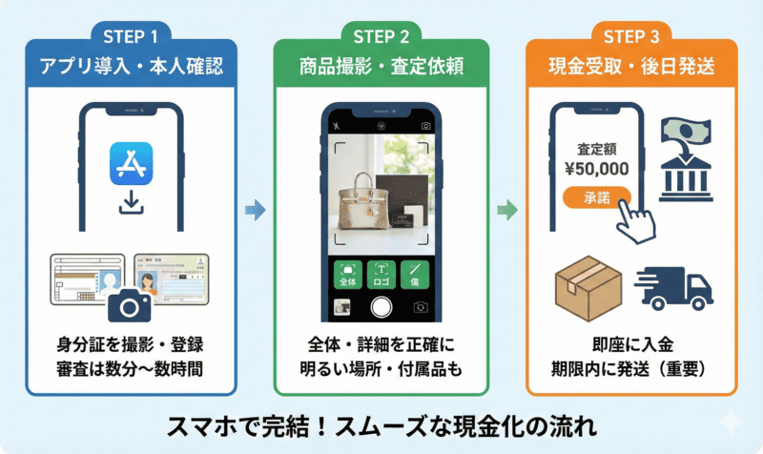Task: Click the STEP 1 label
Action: [x=130, y=37]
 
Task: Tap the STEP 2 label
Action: [x=381, y=37]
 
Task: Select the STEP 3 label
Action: [x=631, y=37]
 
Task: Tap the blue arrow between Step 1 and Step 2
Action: [x=255, y=211]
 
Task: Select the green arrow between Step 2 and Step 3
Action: [x=507, y=211]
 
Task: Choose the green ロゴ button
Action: [x=381, y=275]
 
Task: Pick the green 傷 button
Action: [x=415, y=275]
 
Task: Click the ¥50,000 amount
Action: [x=595, y=169]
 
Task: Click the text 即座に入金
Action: [x=631, y=344]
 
